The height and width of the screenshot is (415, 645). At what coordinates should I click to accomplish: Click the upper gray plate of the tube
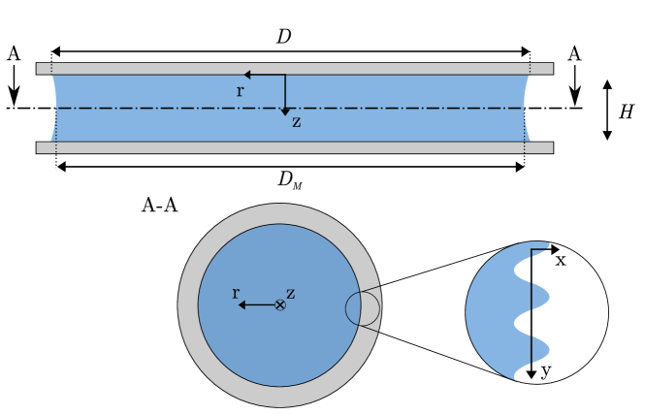click(291, 69)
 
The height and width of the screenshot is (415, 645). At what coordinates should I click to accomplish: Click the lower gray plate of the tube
click(291, 147)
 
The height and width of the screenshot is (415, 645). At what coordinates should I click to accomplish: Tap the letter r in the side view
click(240, 91)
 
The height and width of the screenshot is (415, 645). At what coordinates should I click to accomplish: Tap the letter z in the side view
click(296, 122)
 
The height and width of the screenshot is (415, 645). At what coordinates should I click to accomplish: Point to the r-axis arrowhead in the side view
click(248, 75)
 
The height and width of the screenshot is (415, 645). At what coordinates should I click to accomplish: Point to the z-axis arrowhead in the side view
click(285, 112)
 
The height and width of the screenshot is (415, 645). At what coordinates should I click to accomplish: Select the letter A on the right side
click(574, 54)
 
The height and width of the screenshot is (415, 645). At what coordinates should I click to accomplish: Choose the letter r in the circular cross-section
click(235, 292)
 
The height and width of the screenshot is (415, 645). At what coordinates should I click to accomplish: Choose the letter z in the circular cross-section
click(291, 293)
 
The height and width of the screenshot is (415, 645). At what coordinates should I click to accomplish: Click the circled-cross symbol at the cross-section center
click(280, 305)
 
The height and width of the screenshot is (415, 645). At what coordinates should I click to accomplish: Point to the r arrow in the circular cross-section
click(254, 305)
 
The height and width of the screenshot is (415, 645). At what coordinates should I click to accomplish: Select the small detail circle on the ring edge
click(362, 307)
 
